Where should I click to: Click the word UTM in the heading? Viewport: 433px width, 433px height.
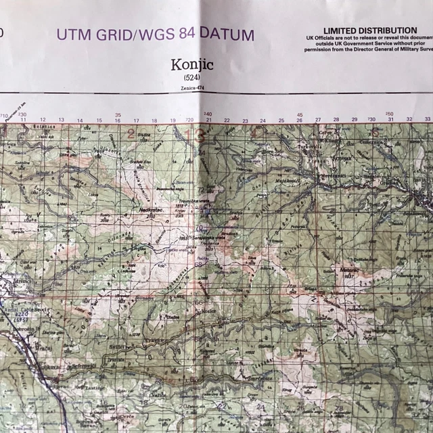coord(73,34)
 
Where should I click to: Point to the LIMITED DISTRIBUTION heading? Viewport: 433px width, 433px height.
coord(369,30)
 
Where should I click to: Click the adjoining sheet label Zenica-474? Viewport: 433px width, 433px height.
coord(193,88)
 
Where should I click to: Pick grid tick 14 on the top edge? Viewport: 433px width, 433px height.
coord(80,120)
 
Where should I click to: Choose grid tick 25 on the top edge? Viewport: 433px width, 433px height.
coord(281,120)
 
